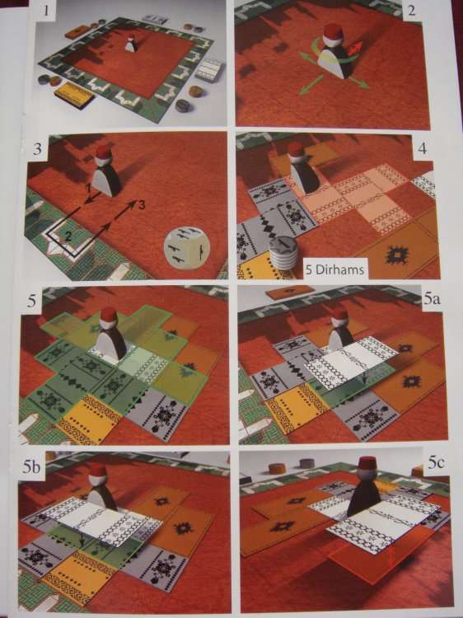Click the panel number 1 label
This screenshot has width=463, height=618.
(47, 9)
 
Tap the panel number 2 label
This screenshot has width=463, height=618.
(412, 10)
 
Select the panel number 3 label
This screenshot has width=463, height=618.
(37, 150)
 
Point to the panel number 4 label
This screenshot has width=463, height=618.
(422, 150)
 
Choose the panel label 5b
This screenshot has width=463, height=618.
(31, 466)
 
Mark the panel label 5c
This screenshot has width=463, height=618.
(436, 463)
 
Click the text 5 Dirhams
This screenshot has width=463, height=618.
(334, 270)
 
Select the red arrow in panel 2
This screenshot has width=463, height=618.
(354, 49)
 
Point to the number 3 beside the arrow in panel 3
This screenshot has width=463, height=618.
(141, 204)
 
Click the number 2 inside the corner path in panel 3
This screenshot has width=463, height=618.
(68, 236)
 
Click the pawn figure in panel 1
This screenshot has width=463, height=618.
(132, 44)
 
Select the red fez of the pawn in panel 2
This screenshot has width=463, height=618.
(333, 31)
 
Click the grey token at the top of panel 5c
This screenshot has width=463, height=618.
(306, 463)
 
